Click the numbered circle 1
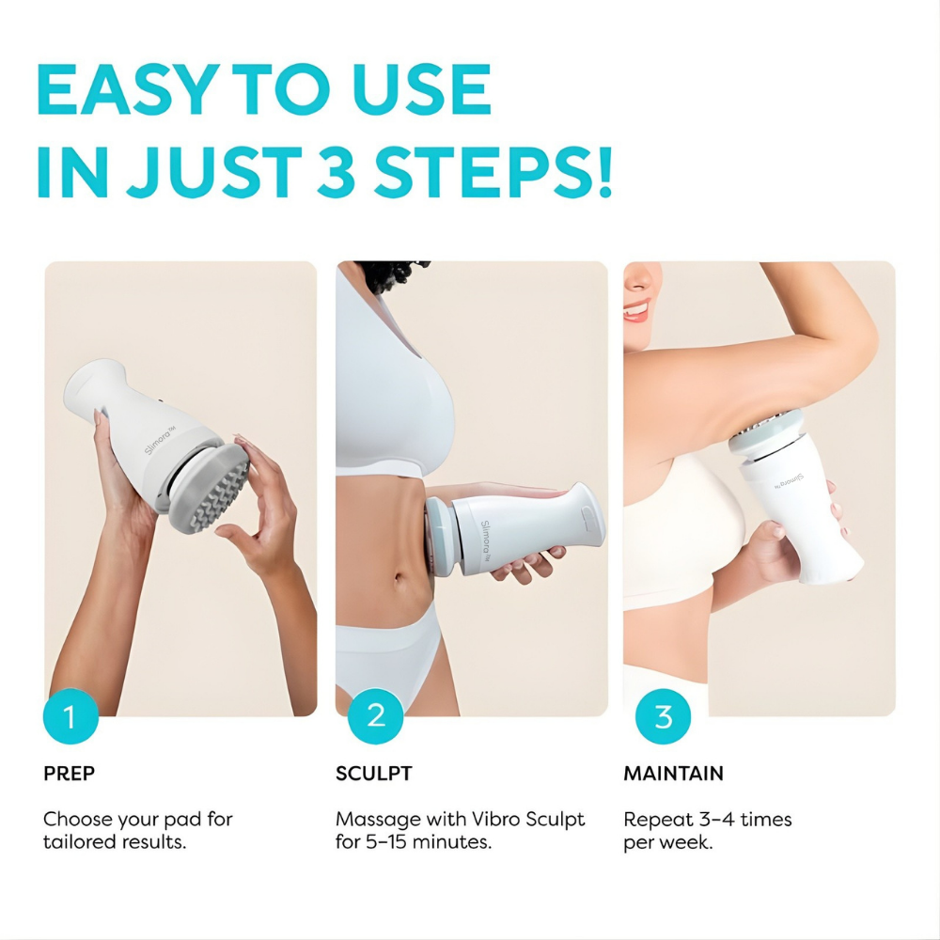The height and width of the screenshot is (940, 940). tap(70, 716)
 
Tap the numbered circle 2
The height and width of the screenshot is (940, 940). tap(375, 716)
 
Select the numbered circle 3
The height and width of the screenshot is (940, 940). tap(663, 716)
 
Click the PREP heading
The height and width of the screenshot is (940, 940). tap(69, 774)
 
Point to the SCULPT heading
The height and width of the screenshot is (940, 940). tap(373, 774)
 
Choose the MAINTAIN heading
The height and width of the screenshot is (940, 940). tap(673, 774)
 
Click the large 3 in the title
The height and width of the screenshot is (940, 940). tap(337, 172)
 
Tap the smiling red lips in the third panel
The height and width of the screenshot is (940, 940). tap(636, 310)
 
